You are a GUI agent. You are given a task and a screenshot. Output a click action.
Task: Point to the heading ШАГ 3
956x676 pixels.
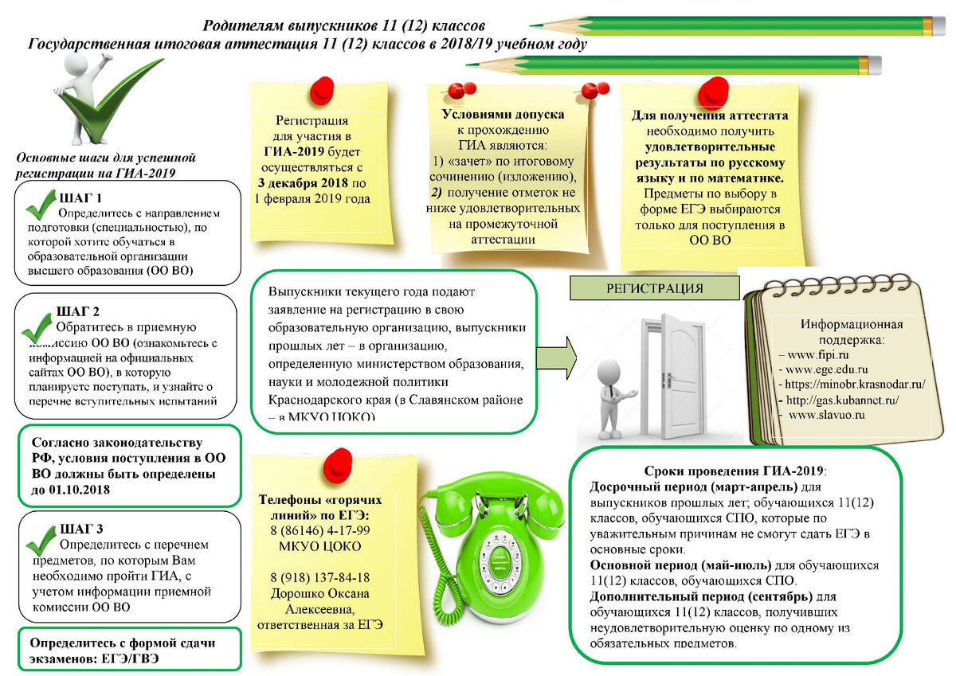click(x=81, y=529)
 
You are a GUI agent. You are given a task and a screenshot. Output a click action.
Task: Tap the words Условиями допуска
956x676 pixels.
click(x=503, y=115)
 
